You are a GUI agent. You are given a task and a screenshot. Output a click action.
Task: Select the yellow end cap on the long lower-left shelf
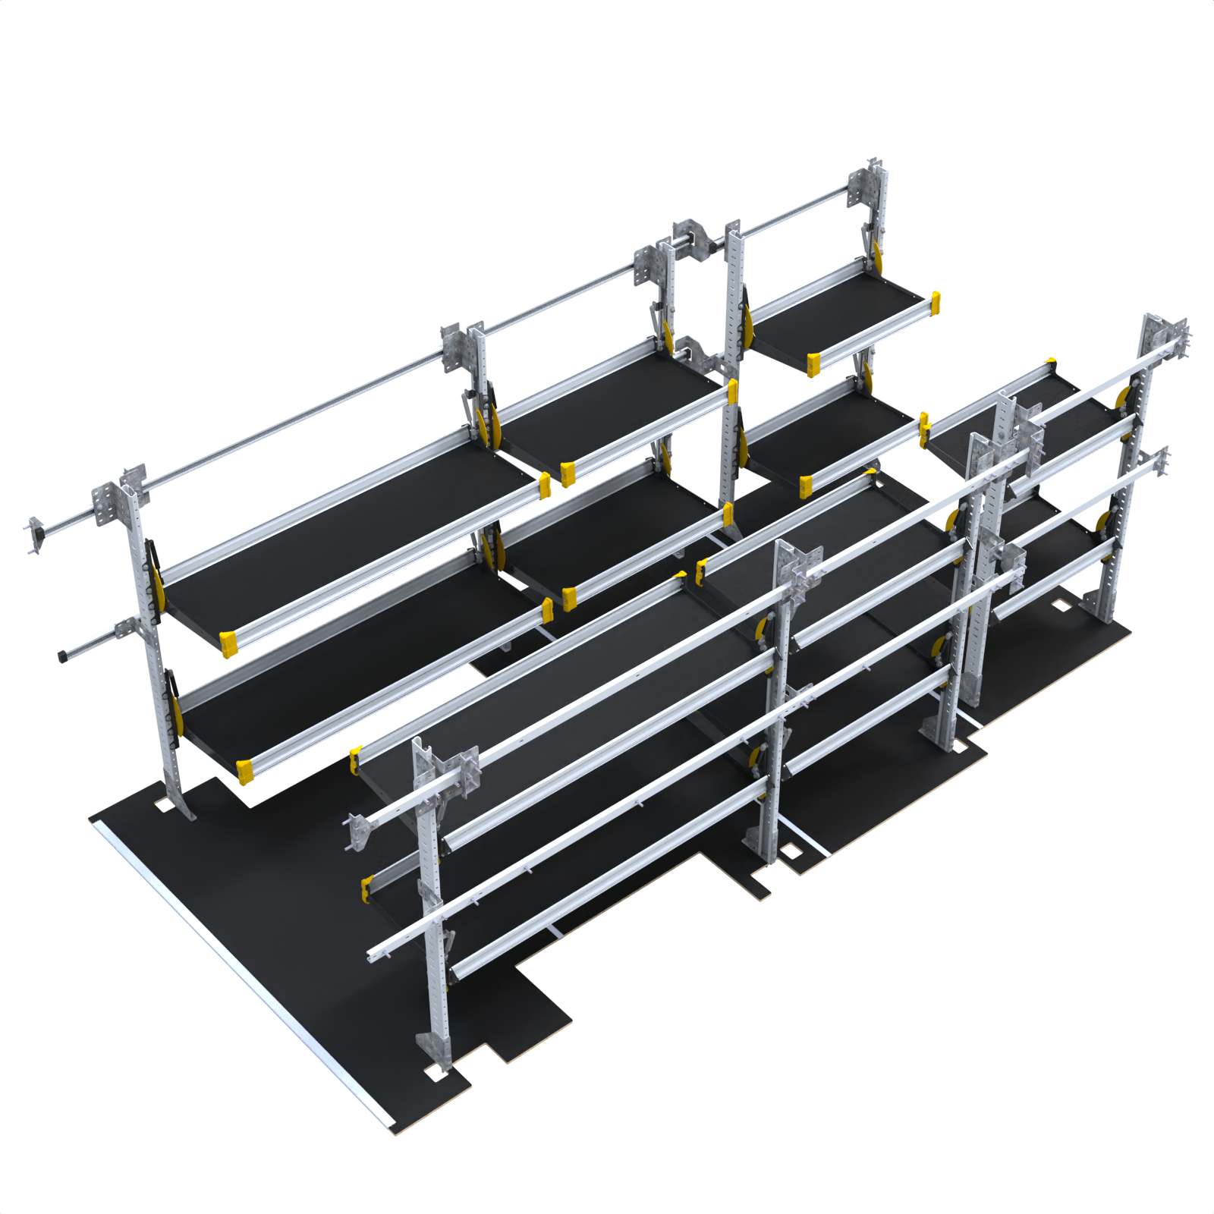point(245,771)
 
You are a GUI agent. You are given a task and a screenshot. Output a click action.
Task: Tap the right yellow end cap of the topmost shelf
point(936,301)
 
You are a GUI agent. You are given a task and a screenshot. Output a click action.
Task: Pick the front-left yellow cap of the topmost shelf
point(813,364)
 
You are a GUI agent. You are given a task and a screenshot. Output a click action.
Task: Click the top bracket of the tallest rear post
point(875,176)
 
